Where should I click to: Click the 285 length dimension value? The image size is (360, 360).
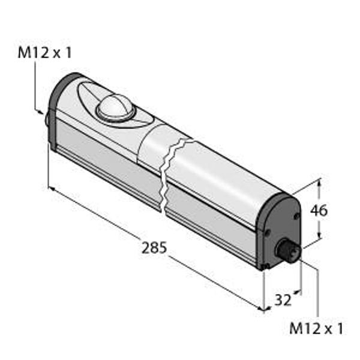coord(154,248)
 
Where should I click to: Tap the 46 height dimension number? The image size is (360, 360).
coord(319,211)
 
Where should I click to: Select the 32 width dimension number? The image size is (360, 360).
coord(283,299)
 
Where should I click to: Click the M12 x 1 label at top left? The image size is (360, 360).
coord(45,53)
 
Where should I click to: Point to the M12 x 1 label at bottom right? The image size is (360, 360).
coord(316,328)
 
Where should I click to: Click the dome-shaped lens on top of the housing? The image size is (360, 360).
coord(116,107)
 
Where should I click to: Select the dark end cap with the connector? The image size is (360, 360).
coord(278,231)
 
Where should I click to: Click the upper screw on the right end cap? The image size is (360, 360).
coord(296,216)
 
